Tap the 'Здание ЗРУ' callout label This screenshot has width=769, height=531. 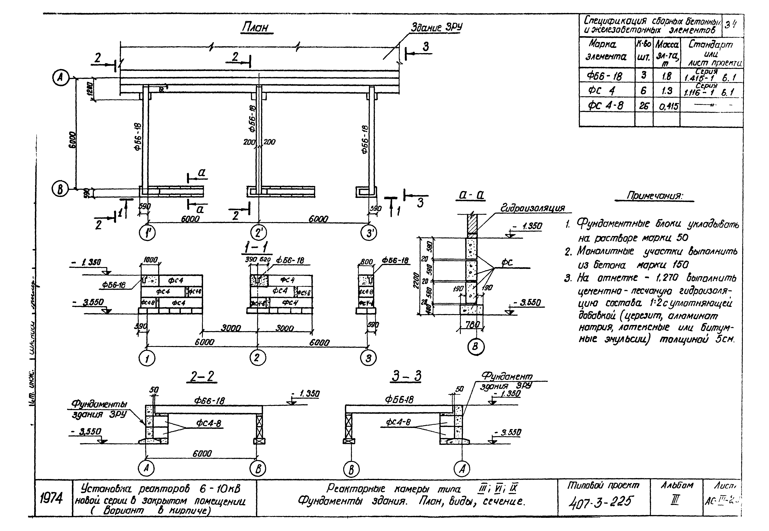(436, 27)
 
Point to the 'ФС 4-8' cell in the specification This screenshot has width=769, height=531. (605, 105)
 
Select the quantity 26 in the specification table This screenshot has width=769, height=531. (644, 105)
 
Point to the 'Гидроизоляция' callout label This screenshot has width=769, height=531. (532, 208)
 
